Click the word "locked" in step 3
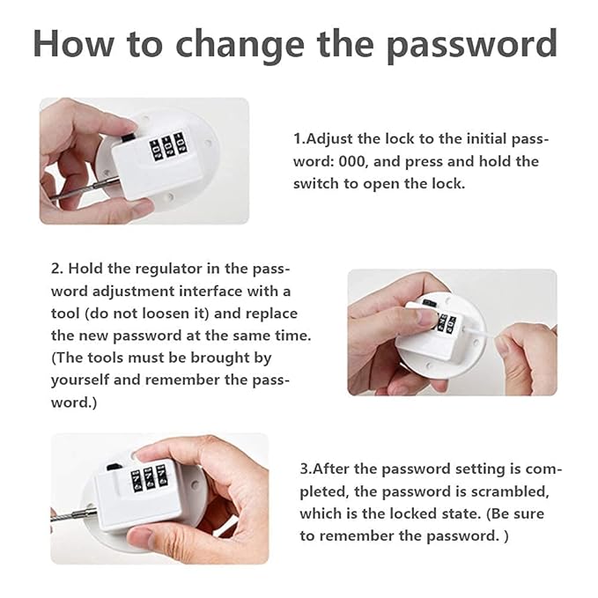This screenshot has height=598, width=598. point(386,513)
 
